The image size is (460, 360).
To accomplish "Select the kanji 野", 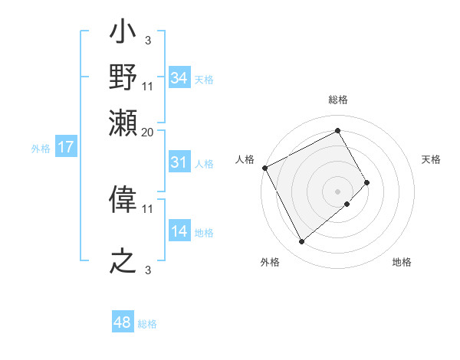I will click(x=123, y=77).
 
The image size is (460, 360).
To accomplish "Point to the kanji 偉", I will click(x=123, y=201).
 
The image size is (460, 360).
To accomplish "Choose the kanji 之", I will click(x=123, y=260).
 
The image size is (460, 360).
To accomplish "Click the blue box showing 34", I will click(x=179, y=78).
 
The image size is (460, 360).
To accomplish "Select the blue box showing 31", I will click(x=179, y=162).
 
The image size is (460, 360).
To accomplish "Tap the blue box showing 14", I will click(x=179, y=231).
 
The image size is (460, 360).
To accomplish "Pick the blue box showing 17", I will click(x=66, y=148).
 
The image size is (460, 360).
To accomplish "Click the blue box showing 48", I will click(x=123, y=322).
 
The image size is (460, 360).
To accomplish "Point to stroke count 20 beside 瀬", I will click(x=148, y=132).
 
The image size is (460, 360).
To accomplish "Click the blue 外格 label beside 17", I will click(x=41, y=149).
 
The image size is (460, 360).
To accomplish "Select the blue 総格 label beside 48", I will click(x=147, y=324).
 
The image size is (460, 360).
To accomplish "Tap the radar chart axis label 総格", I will click(x=338, y=100).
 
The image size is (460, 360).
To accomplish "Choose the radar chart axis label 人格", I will click(x=245, y=159).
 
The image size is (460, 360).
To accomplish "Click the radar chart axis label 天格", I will click(x=431, y=159).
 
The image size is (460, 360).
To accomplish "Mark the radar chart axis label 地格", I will click(x=402, y=262).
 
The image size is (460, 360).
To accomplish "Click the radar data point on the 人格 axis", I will click(x=264, y=168).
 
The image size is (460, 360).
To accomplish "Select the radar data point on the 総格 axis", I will click(x=338, y=130).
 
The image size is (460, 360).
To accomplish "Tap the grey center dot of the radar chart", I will click(x=338, y=191).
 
